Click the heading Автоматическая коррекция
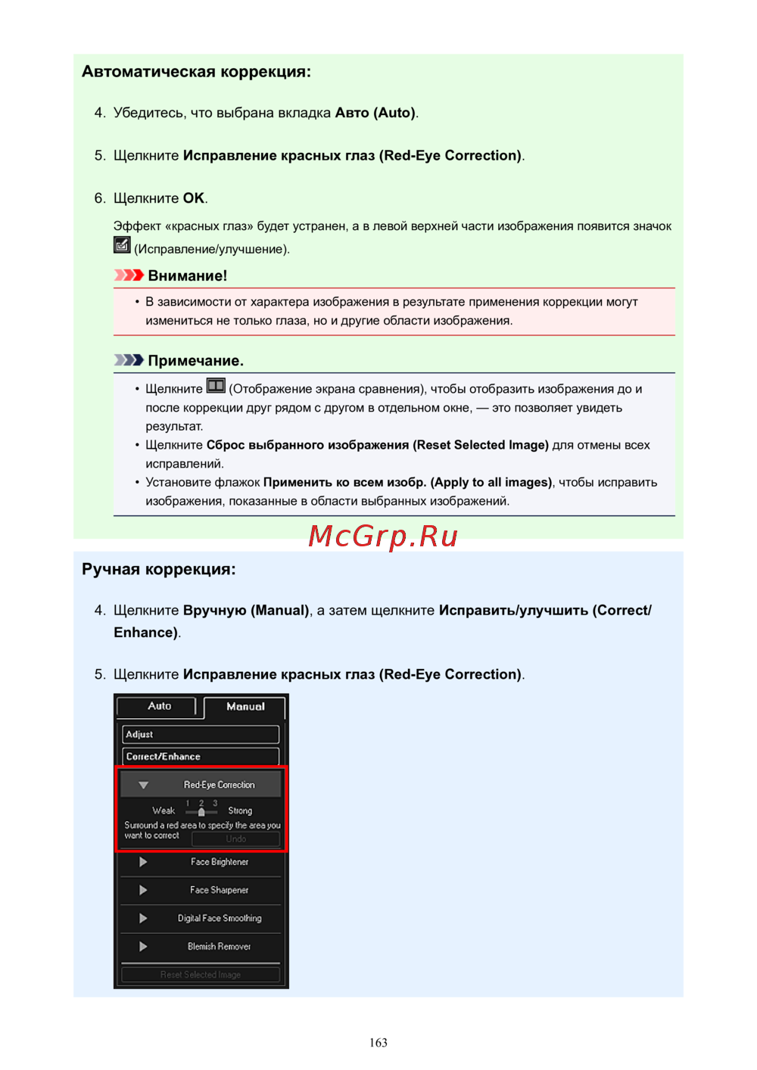pyautogui.click(x=196, y=72)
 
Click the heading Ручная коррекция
pyautogui.click(x=159, y=569)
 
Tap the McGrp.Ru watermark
pyautogui.click(x=383, y=536)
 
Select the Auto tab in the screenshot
pyautogui.click(x=159, y=706)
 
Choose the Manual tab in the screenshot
pyautogui.click(x=245, y=707)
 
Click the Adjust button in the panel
pyautogui.click(x=200, y=734)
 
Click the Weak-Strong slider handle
pyautogui.click(x=201, y=812)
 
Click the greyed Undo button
pyautogui.click(x=235, y=838)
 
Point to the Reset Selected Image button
pyautogui.click(x=200, y=975)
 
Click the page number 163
pyautogui.click(x=378, y=1043)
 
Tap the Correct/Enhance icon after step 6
pyautogui.click(x=122, y=245)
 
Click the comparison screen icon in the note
pyautogui.click(x=216, y=387)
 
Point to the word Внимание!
pyautogui.click(x=187, y=275)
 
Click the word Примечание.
pyautogui.click(x=195, y=360)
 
